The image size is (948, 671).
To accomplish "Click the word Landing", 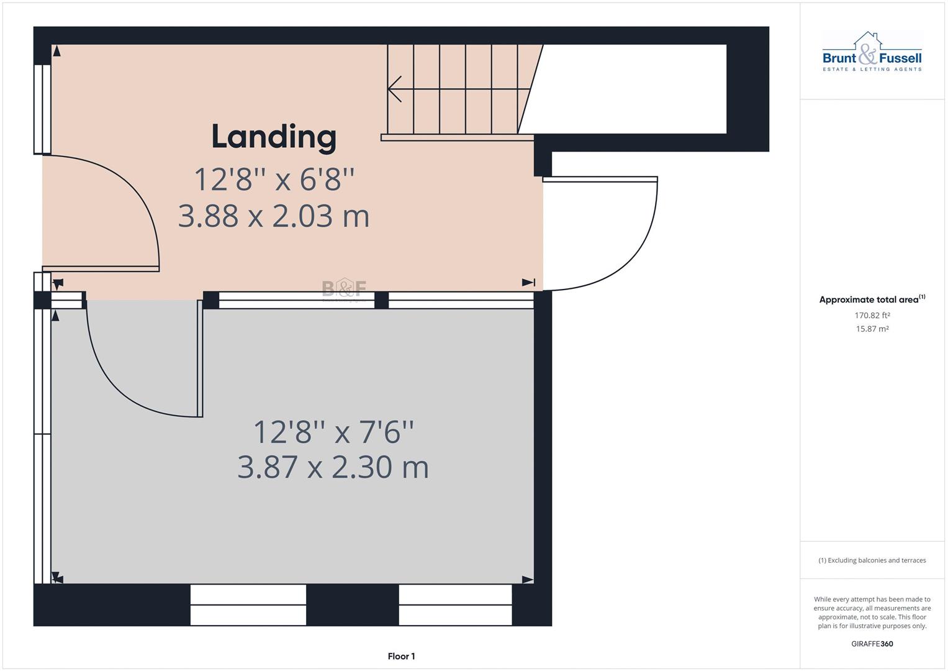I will click(x=274, y=137).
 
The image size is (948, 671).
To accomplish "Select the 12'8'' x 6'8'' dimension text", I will click(x=274, y=180).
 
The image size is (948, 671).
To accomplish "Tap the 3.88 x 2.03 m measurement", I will click(x=274, y=216).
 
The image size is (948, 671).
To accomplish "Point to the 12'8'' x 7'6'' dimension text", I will click(x=333, y=432).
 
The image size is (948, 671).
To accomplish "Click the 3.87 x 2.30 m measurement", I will click(x=333, y=467).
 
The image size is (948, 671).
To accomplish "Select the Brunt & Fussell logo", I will click(x=872, y=53).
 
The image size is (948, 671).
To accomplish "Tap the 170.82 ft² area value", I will click(x=872, y=316).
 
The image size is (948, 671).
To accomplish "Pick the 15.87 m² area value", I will click(x=872, y=329).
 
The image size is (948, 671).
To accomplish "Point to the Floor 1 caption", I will click(x=401, y=656).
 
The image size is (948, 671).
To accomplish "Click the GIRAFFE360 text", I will click(x=872, y=644).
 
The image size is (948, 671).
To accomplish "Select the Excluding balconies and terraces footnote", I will click(x=872, y=560).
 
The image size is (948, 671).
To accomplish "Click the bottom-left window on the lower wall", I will click(x=248, y=605).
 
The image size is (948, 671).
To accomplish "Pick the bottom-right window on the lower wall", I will click(x=455, y=605).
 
